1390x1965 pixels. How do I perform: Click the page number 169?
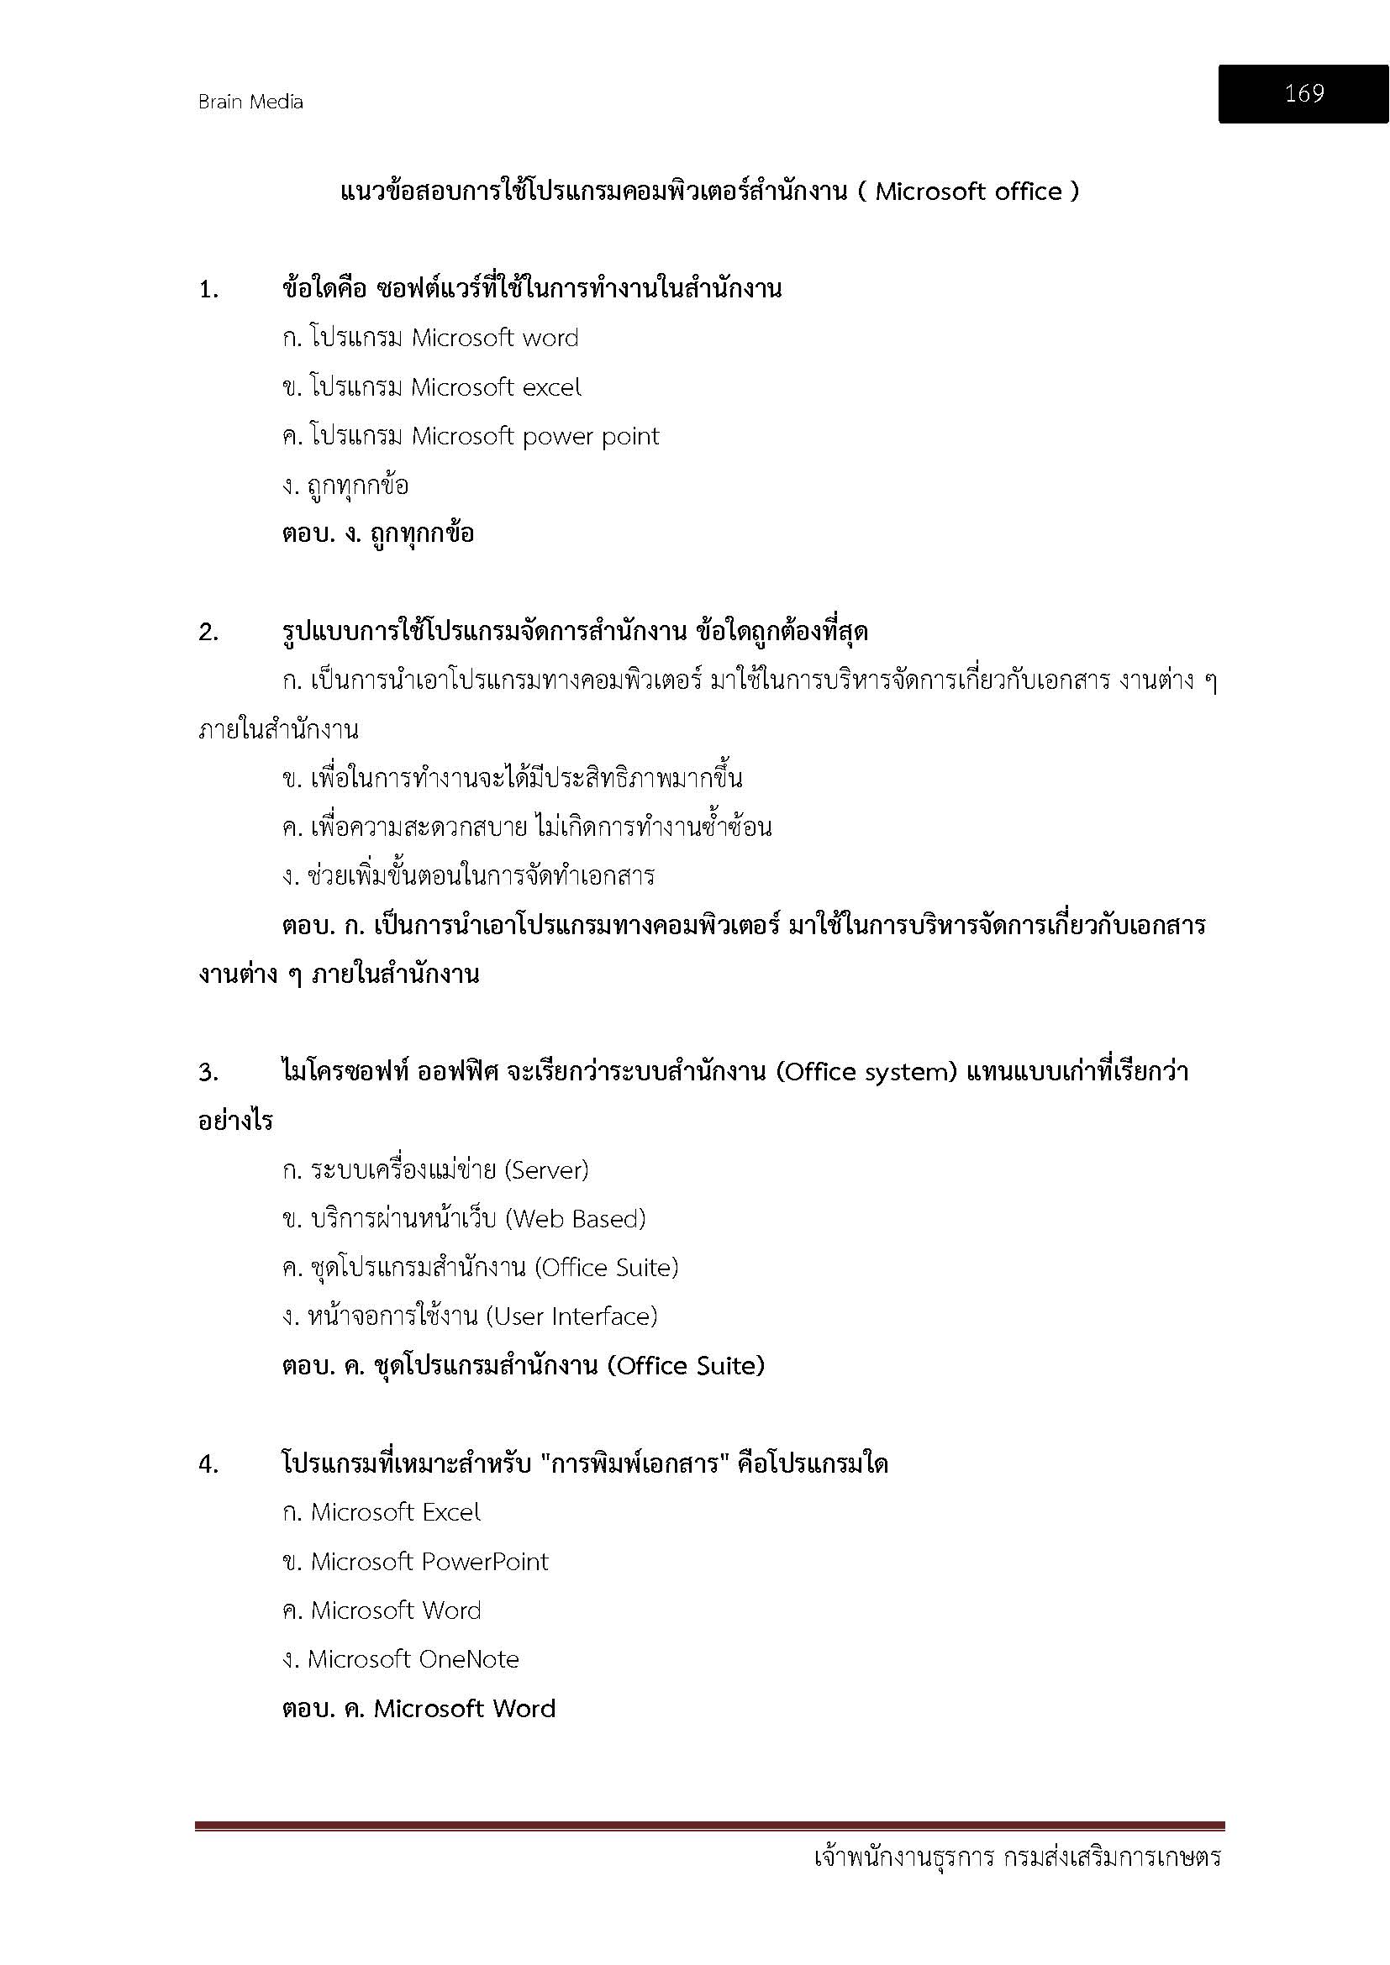pos(1303,93)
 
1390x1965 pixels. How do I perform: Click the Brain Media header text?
pos(250,102)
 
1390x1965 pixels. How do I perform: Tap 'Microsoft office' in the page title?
pos(968,192)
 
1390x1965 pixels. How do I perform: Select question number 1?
pos(209,291)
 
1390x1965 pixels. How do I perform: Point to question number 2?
pos(209,633)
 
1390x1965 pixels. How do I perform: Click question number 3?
pos(209,1073)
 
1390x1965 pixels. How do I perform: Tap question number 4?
pos(209,1465)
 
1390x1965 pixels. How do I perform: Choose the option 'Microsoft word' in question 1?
pos(495,338)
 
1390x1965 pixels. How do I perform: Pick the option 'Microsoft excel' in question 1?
pos(496,387)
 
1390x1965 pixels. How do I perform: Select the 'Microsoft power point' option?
pos(535,437)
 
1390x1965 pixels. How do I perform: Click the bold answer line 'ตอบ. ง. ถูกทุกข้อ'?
pos(377,534)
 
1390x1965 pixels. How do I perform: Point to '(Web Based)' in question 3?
pos(575,1219)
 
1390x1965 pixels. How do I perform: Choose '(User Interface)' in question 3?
pos(571,1316)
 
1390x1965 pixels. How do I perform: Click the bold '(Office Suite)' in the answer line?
pos(685,1366)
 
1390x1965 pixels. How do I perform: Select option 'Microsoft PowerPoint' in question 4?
pos(429,1562)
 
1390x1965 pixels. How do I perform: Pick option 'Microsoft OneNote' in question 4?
pos(413,1659)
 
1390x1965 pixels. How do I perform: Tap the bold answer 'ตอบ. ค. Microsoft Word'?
pos(419,1709)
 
